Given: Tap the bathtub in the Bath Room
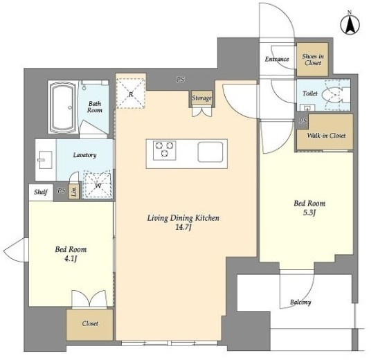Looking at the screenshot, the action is pos(63,107).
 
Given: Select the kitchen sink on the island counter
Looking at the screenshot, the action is pos(210,152).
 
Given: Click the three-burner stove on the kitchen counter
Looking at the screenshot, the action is pos(164,151).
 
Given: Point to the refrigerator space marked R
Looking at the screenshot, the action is pos(131,93).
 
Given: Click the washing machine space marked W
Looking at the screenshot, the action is pos(97,184).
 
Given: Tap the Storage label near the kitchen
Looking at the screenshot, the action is pos(201,98).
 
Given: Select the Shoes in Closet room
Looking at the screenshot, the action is pos(312,60).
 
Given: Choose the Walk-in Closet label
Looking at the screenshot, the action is pos(326,136).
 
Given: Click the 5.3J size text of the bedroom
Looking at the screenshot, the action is pos(309,213).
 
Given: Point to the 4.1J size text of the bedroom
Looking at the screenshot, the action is pos(71,259).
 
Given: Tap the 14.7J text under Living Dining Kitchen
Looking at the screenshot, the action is pos(183,227).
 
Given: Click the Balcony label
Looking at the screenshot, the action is pos(300,302).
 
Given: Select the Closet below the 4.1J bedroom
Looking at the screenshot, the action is pos(90,325).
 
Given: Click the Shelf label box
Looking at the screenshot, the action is pos(41,192).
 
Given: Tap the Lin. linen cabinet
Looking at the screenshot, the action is pos(74,192).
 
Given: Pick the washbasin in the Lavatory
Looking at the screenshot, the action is pos(45,160).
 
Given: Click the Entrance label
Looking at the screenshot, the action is pos(277,59).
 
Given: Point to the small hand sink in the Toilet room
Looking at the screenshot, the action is pos(307,107).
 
